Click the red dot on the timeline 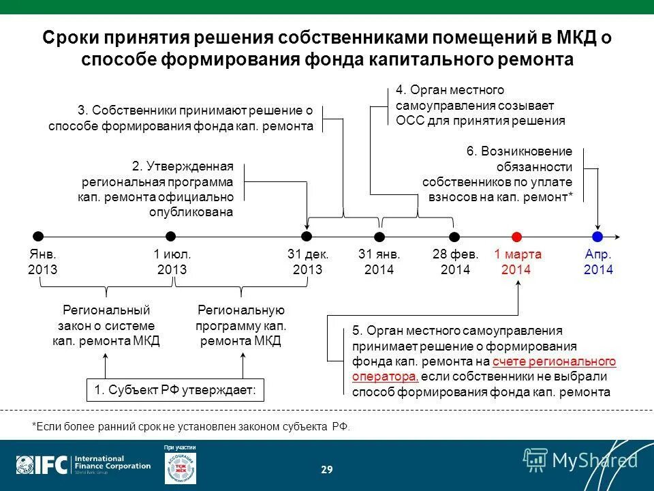coord(516,237)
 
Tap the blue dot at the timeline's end coord(597,237)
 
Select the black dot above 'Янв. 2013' coord(39,237)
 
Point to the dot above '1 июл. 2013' coord(172,237)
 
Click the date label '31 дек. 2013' coord(307,262)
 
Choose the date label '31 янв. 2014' coord(379,262)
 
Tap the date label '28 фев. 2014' coord(455,262)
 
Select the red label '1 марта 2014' coord(517,262)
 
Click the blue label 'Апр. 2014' coord(598,262)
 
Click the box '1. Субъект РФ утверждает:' coord(175,390)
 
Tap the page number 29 coord(327,469)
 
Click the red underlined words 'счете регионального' coord(554,361)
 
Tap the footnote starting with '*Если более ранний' coord(191,426)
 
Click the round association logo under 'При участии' coord(181,468)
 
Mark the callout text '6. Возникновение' coord(519,151)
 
